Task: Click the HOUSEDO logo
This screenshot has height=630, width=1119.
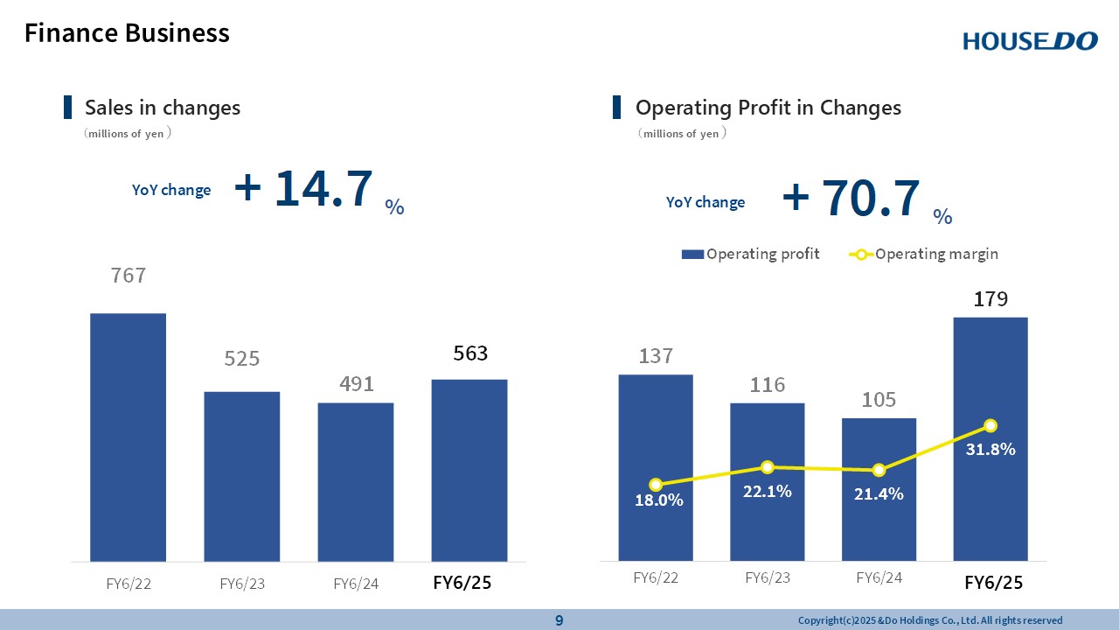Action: [1030, 40]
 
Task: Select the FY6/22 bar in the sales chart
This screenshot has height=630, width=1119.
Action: [128, 437]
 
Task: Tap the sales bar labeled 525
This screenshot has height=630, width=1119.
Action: [241, 476]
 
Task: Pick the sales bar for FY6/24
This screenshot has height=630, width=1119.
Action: [355, 481]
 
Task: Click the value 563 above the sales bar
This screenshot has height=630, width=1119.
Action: [470, 353]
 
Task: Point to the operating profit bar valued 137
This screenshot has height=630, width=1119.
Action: [656, 467]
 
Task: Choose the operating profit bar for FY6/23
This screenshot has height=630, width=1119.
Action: [768, 481]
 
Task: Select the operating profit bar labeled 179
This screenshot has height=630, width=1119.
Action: [990, 437]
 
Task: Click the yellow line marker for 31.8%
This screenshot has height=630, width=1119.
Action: [990, 426]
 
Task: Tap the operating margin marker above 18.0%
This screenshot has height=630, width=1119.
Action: [656, 485]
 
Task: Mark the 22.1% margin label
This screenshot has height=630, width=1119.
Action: [768, 492]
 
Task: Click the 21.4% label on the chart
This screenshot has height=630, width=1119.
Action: [879, 494]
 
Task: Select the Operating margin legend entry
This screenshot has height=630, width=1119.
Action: [924, 255]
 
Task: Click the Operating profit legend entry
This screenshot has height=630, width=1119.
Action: [751, 255]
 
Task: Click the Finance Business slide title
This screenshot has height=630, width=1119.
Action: [127, 33]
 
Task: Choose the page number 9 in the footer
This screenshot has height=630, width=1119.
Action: [559, 620]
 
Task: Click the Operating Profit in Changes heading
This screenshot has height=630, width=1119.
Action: [768, 108]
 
